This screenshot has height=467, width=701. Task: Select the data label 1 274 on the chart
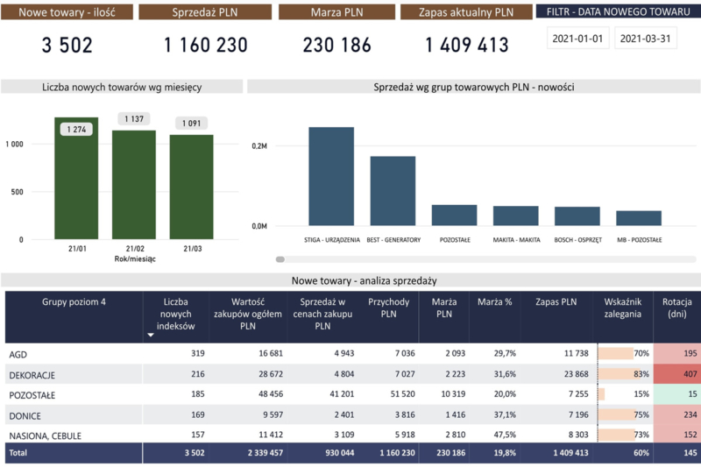(x=76, y=130)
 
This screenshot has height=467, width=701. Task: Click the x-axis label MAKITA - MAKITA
(x=515, y=239)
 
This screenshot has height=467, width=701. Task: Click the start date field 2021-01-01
(x=577, y=38)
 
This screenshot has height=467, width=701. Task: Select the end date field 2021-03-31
(x=646, y=38)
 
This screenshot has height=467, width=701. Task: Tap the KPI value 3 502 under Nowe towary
(x=67, y=46)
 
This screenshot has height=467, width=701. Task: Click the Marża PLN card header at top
(x=337, y=12)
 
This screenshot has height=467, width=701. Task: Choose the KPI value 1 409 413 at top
(x=467, y=46)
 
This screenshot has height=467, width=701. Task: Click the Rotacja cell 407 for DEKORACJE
(x=678, y=374)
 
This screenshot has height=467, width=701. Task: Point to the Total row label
(x=19, y=453)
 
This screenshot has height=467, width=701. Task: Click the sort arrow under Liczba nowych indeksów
(x=150, y=334)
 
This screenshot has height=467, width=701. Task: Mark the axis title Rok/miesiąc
(x=135, y=259)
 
